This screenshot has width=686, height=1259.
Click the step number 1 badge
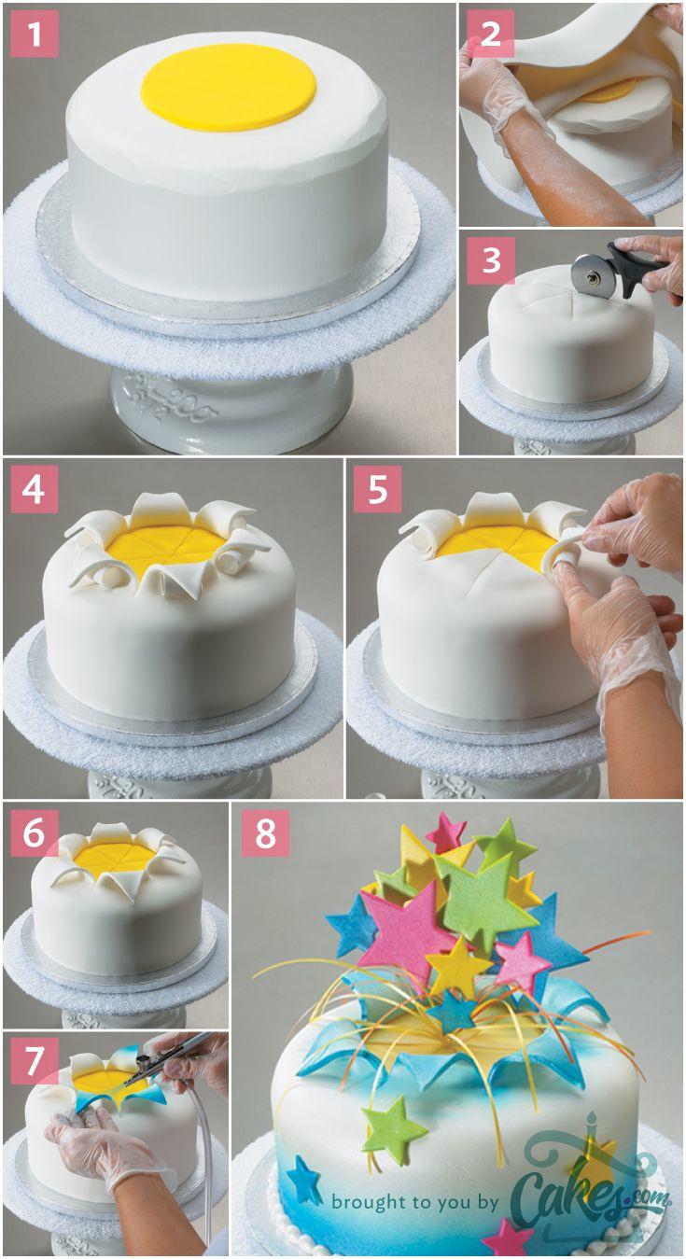click(x=35, y=34)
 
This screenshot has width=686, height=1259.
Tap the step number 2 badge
click(x=491, y=34)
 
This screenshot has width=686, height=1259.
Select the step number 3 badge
click(x=491, y=260)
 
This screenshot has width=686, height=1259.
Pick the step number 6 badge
click(x=35, y=832)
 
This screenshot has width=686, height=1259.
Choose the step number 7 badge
click(x=35, y=1060)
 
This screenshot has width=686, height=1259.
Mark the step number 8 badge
click(x=266, y=832)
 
